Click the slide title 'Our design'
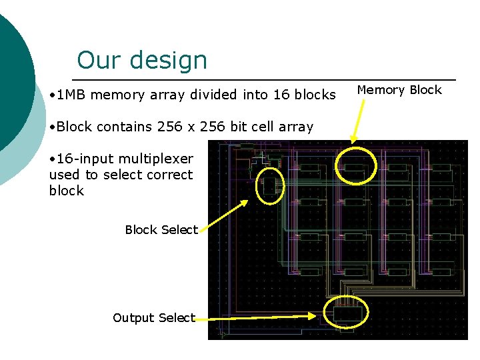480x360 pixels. pyautogui.click(x=142, y=61)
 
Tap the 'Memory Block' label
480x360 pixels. pyautogui.click(x=399, y=90)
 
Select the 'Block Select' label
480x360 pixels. pyautogui.click(x=161, y=230)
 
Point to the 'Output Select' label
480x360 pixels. pyautogui.click(x=154, y=318)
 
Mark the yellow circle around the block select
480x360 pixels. pyautogui.click(x=269, y=185)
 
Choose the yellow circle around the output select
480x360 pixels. pyautogui.click(x=346, y=312)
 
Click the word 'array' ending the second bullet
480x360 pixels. pyautogui.click(x=297, y=127)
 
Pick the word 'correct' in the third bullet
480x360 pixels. pyautogui.click(x=171, y=175)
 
